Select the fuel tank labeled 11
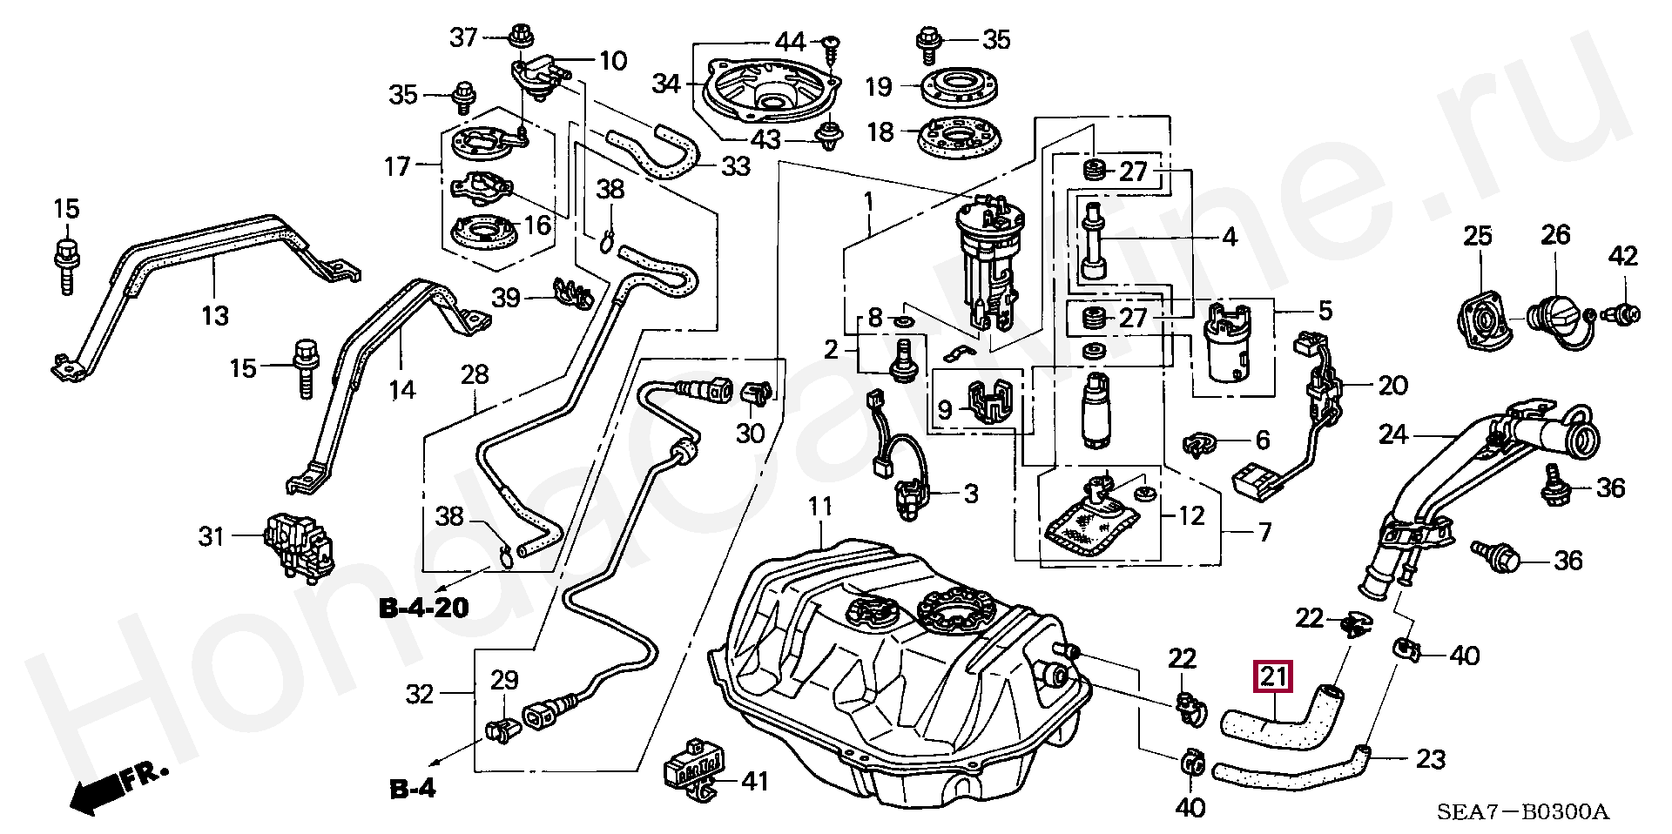(897, 679)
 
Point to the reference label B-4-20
(423, 607)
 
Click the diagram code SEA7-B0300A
(1523, 812)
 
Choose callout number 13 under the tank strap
(215, 314)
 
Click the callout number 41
(754, 781)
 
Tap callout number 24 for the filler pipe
(1393, 433)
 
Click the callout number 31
(212, 536)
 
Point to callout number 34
(666, 84)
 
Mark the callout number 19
(879, 86)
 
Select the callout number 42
(1623, 256)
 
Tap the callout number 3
(970, 494)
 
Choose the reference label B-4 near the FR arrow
(411, 789)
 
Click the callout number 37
(463, 37)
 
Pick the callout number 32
(420, 694)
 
